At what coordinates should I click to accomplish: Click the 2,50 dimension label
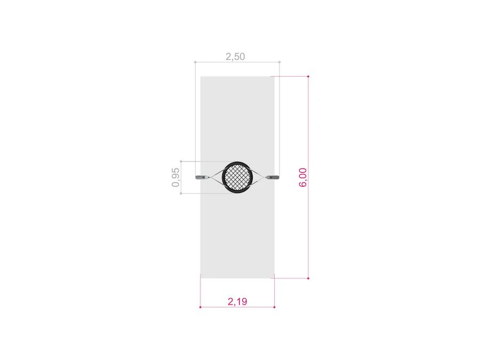coord(235,57)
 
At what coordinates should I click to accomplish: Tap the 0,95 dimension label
coord(175,177)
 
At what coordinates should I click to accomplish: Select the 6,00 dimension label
coord(303,177)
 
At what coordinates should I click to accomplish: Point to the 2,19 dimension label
coord(237,301)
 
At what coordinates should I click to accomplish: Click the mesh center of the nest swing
coord(237,177)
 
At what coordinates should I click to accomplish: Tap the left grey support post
coord(201,177)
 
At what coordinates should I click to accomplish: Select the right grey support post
coord(273,177)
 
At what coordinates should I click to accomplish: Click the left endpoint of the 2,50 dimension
coord(195,62)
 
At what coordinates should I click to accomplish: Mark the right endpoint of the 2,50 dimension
coord(279,62)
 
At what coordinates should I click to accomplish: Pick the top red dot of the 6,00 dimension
coord(308,76)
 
